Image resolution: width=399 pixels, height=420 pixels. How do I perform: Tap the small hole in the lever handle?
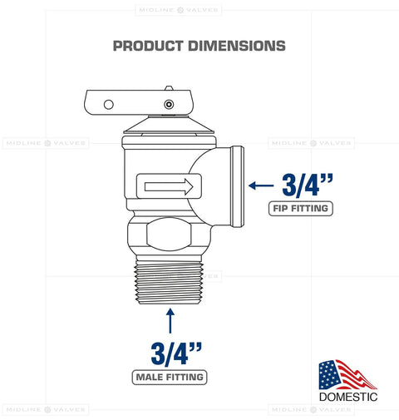pos(106,104)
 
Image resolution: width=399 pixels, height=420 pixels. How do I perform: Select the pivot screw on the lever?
pos(169,105)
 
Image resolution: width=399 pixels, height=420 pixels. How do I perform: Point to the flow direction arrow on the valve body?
pos(169,185)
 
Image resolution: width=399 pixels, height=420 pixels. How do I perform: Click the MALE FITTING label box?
pos(170,378)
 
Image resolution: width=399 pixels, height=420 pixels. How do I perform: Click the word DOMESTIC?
pos(348,398)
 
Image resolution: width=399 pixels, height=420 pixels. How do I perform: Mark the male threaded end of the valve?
pos(170,279)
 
